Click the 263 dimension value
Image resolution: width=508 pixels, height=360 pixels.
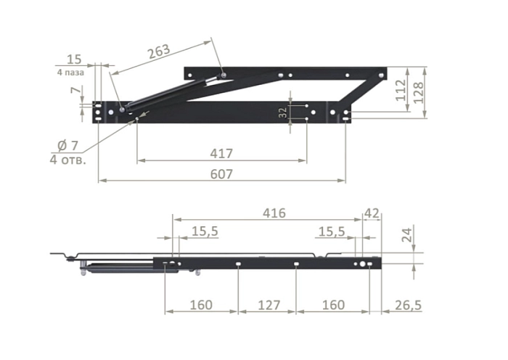[159, 52]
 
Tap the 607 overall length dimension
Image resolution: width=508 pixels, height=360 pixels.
[221, 174]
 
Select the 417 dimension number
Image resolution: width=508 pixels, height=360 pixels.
[221, 153]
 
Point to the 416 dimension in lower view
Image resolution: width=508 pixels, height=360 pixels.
[274, 213]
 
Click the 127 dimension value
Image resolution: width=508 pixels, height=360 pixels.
[269, 306]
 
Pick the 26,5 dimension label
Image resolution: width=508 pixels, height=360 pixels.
[408, 306]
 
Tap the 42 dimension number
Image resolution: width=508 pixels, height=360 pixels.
[372, 213]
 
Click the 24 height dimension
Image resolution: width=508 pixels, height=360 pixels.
[407, 234]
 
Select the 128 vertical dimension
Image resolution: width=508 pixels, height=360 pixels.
[418, 92]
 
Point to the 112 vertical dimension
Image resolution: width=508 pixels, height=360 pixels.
[401, 90]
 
